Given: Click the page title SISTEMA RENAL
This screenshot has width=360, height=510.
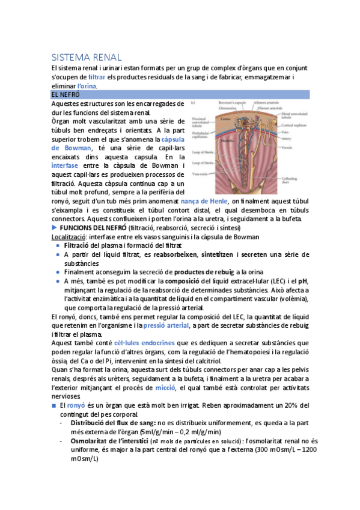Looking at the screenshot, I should tap(87, 58).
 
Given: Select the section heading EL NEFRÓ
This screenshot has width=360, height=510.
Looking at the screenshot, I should tap(65, 95).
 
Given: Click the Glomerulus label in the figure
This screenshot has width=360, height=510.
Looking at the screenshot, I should tap(228, 108).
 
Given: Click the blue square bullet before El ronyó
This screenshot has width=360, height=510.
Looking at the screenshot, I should tap(54, 406).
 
